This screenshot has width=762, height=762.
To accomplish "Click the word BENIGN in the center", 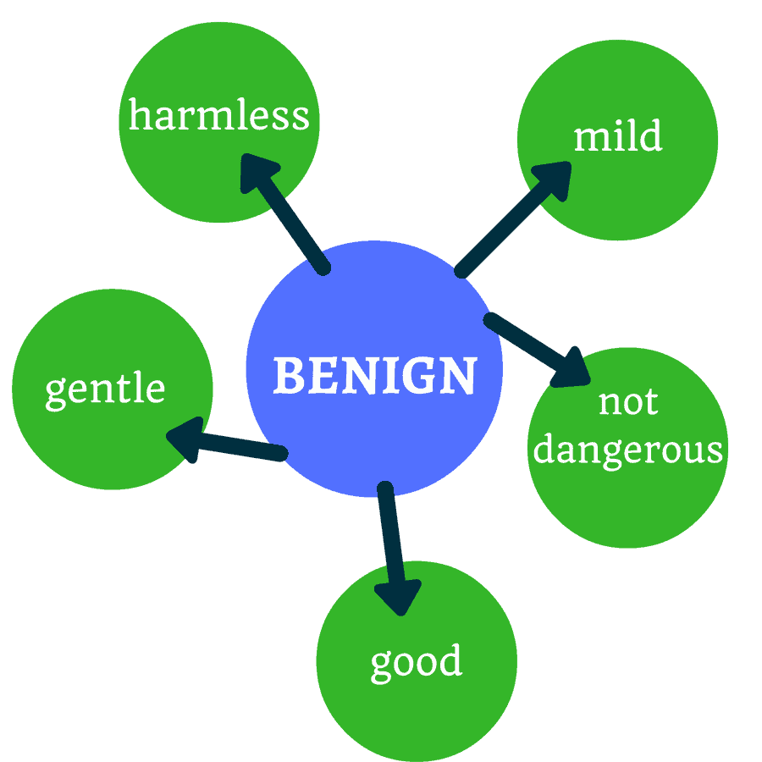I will coord(374,375).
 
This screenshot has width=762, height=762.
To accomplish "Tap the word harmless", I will coord(218,115).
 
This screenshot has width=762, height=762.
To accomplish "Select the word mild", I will coord(617,136).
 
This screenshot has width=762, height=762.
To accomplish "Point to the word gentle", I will coord(105,389).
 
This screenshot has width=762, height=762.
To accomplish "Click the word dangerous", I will coord(627,450).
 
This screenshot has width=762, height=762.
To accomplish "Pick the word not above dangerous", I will coord(627,402).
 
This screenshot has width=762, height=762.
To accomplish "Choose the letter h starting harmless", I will coord(140,115).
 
